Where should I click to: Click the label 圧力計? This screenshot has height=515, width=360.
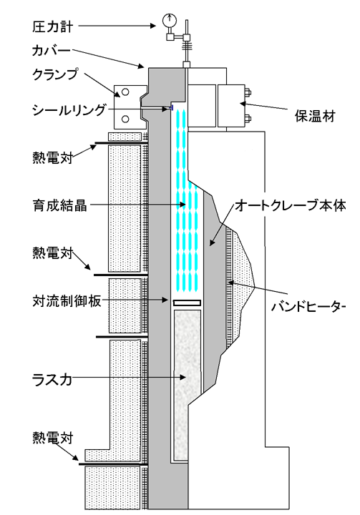pyautogui.click(x=52, y=27)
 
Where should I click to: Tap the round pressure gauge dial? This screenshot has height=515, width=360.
pyautogui.click(x=170, y=20)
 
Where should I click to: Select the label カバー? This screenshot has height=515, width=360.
pyautogui.click(x=52, y=51)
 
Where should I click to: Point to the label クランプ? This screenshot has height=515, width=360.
pyautogui.click(x=56, y=74)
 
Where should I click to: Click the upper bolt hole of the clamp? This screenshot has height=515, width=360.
pyautogui.click(x=125, y=92)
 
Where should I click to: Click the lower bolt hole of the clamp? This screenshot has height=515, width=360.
pyautogui.click(x=125, y=119)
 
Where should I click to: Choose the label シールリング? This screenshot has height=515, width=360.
pyautogui.click(x=69, y=109)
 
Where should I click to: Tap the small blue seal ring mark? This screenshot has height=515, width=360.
pyautogui.click(x=171, y=107)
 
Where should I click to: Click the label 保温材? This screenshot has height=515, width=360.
pyautogui.click(x=315, y=116)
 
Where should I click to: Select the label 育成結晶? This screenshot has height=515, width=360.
pyautogui.click(x=60, y=205)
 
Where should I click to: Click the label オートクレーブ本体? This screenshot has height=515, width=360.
pyautogui.click(x=291, y=206)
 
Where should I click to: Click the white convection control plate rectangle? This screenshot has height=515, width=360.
pyautogui.click(x=187, y=303)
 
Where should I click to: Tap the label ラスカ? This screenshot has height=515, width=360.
pyautogui.click(x=52, y=380)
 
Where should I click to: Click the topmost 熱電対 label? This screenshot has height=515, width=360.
pyautogui.click(x=52, y=157)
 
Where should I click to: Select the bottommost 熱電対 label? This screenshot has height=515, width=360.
pyautogui.click(x=52, y=438)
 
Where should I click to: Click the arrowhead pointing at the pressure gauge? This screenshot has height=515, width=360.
pyautogui.click(x=152, y=26)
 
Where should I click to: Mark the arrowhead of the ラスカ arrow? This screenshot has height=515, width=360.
pyautogui.click(x=183, y=378)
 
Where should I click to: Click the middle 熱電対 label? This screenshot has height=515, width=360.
pyautogui.click(x=52, y=253)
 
